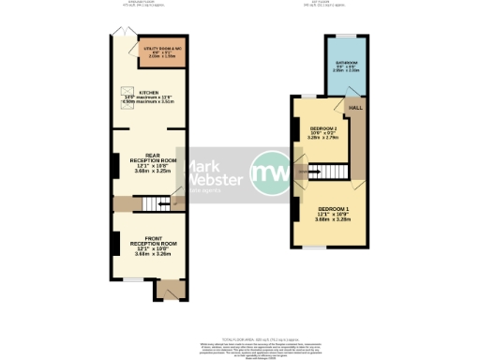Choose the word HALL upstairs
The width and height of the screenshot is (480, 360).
356,109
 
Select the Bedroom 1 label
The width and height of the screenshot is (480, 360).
334,208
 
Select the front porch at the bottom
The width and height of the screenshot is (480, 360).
166,290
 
